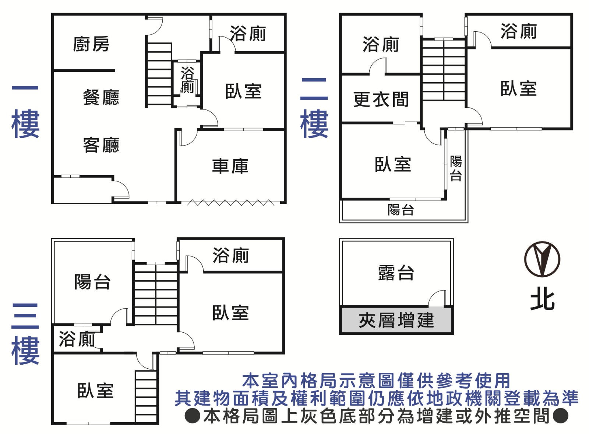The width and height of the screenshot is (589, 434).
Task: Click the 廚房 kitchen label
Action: [x=91, y=44]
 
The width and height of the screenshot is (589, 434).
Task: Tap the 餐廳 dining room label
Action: [x=101, y=98]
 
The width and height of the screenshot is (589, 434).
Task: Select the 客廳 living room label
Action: [x=101, y=145]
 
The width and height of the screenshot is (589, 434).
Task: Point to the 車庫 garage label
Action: [x=230, y=166]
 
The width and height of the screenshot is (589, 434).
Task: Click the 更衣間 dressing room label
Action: [x=381, y=100]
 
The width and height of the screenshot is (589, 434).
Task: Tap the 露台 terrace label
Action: [x=396, y=273]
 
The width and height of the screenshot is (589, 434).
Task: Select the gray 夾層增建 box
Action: [x=396, y=320]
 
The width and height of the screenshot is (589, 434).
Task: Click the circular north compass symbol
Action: [x=542, y=259]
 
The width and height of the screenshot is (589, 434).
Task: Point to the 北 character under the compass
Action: [x=542, y=301]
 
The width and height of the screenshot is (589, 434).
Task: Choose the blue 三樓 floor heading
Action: [x=25, y=334]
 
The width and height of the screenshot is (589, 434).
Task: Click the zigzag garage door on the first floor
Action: [x=230, y=202]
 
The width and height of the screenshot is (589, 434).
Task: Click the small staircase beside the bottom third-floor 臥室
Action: [x=146, y=396]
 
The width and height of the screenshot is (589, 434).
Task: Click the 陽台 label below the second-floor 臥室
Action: [x=401, y=210]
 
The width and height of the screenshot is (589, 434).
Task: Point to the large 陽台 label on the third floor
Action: [x=92, y=282]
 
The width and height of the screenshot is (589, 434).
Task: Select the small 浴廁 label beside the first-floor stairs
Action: [x=187, y=80]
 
